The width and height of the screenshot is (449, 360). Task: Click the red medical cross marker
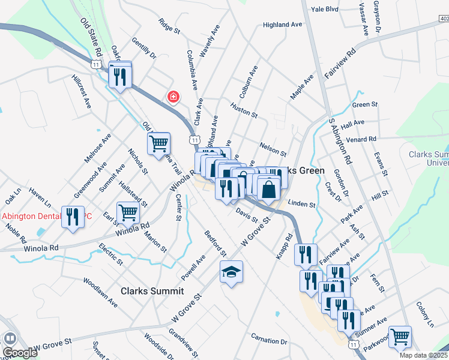[x=173, y=97]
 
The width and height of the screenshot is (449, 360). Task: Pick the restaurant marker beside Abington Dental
[x=74, y=217]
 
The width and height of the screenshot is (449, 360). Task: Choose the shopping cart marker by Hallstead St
[x=128, y=212]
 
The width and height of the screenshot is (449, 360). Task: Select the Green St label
[x=365, y=104]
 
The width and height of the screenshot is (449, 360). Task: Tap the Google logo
[x=20, y=353]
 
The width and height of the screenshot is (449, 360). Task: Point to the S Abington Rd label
[x=340, y=142]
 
